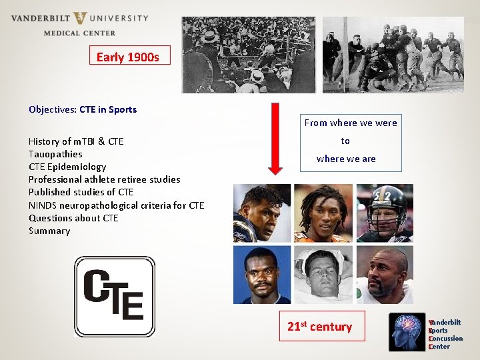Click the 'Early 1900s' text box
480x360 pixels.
[129, 56]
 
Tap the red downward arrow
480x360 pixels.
[276, 141]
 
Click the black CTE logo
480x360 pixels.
[114, 296]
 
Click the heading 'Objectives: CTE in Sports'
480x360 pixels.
[83, 109]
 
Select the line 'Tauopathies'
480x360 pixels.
[55, 154]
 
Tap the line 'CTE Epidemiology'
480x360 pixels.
[67, 167]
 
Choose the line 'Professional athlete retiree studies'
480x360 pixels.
[105, 179]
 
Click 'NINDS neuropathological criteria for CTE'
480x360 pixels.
[117, 205]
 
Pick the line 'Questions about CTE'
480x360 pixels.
[73, 218]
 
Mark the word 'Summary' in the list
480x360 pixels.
[49, 231]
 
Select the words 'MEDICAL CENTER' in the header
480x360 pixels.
[79, 33]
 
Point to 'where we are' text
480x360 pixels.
[346, 159]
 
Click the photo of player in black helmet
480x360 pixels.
[385, 213]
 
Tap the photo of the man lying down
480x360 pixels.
[323, 275]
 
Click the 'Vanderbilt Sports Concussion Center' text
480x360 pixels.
[445, 334]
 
